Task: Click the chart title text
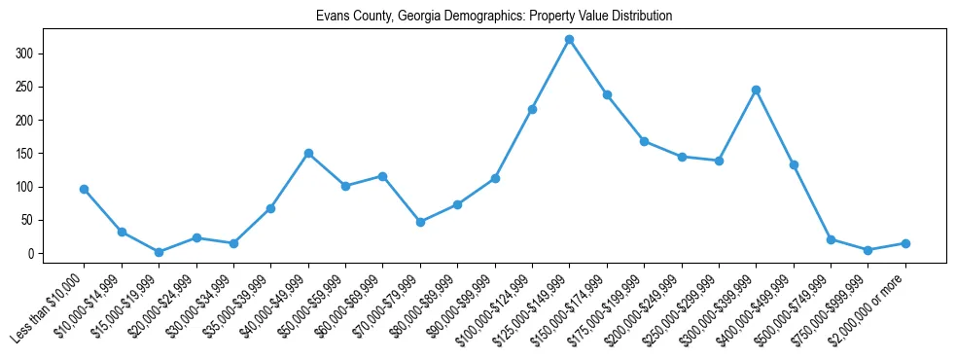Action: click(494, 17)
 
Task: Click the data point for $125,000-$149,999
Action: click(569, 39)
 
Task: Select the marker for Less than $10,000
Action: click(85, 189)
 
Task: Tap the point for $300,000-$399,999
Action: click(756, 90)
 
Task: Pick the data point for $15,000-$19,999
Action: click(159, 252)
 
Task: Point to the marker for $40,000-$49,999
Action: click(308, 153)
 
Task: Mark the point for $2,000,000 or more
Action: click(905, 243)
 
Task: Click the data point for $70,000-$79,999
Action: click(420, 222)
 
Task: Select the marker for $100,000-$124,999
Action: click(532, 109)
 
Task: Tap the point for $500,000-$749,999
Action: click(831, 239)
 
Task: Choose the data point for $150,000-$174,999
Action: click(607, 94)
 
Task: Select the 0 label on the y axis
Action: click(44, 254)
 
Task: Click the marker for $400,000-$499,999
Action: click(794, 164)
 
